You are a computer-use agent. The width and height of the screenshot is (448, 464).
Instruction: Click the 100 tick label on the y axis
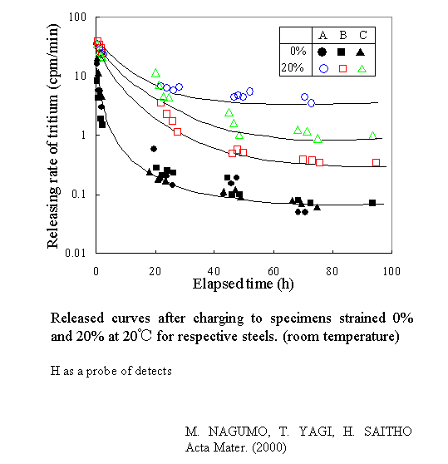pyautogui.click(x=80, y=17)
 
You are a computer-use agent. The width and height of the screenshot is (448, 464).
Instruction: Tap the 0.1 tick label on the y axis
pyautogui.click(x=81, y=195)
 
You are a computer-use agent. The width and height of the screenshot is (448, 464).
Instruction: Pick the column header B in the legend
pyautogui.click(x=342, y=35)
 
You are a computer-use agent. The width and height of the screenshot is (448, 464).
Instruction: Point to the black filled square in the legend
pyautogui.click(x=342, y=52)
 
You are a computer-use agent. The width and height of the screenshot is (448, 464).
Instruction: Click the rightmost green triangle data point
pyautogui.click(x=372, y=135)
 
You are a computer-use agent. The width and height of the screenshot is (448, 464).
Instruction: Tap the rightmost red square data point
pyautogui.click(x=376, y=163)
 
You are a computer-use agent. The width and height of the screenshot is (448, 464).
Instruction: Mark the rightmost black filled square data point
pyautogui.click(x=372, y=203)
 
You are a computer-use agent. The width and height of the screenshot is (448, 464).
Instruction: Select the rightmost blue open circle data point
pyautogui.click(x=312, y=103)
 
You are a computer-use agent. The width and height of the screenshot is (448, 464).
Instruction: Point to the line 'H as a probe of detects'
pyautogui.click(x=111, y=371)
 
